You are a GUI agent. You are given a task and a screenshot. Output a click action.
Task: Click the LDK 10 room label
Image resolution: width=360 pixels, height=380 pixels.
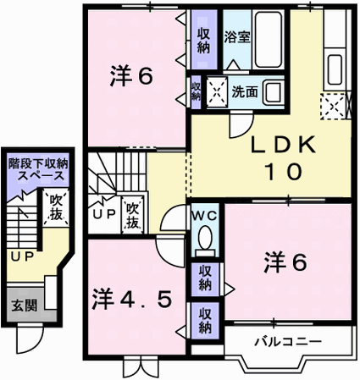click(x=283, y=158)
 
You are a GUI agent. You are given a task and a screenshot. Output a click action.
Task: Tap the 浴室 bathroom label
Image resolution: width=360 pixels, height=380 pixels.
click(x=237, y=37)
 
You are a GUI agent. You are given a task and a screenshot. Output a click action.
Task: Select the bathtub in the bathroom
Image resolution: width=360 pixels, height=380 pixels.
click(x=269, y=40)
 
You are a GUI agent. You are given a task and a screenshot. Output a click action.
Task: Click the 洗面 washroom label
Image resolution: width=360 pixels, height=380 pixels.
click(x=245, y=91)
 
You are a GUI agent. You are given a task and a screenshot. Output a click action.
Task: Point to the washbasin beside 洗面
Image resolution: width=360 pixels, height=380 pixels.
click(x=273, y=91)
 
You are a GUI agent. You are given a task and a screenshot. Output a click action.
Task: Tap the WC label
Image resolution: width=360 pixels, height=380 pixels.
click(x=205, y=217)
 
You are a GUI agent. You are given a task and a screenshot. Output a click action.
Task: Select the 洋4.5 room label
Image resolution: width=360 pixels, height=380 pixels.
click(x=131, y=300)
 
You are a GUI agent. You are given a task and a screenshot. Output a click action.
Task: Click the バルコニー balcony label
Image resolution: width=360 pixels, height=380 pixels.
click(x=288, y=342)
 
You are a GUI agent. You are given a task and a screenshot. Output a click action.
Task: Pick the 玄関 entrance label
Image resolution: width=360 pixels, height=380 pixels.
click(x=25, y=306)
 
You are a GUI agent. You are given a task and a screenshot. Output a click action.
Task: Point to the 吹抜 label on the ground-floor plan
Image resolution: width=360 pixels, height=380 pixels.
click(x=56, y=208)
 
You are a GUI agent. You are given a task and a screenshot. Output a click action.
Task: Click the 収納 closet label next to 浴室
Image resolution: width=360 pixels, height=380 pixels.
click(x=203, y=41)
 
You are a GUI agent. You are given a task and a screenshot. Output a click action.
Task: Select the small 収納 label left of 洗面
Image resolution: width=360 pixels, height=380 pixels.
click(x=196, y=91)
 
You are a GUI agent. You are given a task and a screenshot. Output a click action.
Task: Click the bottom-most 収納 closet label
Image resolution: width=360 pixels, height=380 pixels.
click(x=205, y=321)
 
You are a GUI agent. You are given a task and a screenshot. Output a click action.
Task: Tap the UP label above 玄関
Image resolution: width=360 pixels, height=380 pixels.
click(x=22, y=256)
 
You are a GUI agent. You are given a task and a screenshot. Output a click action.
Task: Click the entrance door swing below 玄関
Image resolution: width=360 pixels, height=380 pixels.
click(x=30, y=339)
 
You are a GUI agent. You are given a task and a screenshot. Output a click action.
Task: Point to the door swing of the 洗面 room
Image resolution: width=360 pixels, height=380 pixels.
click(x=241, y=124)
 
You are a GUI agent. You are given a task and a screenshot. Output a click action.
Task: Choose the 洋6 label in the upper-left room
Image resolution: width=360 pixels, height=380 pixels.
click(x=131, y=76)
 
